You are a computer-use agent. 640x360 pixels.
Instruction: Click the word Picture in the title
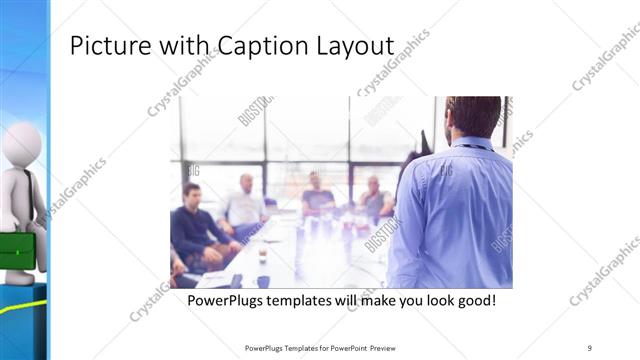(x=103, y=46)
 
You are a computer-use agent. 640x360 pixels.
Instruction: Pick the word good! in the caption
(x=474, y=299)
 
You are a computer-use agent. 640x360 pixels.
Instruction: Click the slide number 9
(x=590, y=348)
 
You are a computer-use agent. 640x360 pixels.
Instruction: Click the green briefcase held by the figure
(x=16, y=251)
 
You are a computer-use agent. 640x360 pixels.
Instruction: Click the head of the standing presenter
(x=472, y=117)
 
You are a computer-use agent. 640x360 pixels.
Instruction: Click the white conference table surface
(x=300, y=255)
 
